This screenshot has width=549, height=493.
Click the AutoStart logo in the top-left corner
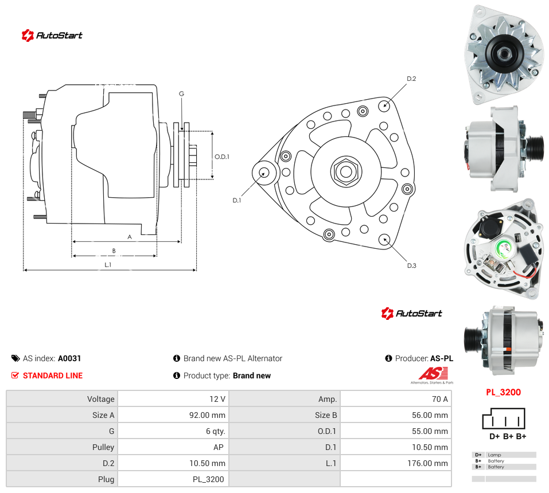[x=52, y=36]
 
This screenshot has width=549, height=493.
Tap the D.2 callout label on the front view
[x=411, y=79]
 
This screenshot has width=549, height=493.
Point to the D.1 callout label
[x=237, y=201]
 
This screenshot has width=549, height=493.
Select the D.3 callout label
[x=412, y=265]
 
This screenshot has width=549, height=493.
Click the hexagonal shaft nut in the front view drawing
[x=346, y=171]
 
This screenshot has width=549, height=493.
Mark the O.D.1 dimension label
[x=222, y=156]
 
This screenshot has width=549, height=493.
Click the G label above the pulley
[x=181, y=94]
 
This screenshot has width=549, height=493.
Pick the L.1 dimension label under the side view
[x=108, y=265]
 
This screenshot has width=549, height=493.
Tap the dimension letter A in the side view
[x=130, y=237]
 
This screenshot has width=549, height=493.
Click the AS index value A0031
[x=69, y=358]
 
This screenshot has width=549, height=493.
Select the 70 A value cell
[x=396, y=399]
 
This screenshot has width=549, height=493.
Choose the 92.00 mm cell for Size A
[x=173, y=415]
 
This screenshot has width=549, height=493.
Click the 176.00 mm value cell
[x=396, y=463]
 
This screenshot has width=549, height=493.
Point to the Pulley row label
[x=103, y=447]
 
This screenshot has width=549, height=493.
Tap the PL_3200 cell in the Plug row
[x=173, y=479]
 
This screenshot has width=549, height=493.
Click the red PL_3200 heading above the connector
[x=504, y=392]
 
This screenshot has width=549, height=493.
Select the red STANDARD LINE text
[x=53, y=375]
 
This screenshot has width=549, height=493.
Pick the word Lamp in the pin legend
[x=495, y=455]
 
